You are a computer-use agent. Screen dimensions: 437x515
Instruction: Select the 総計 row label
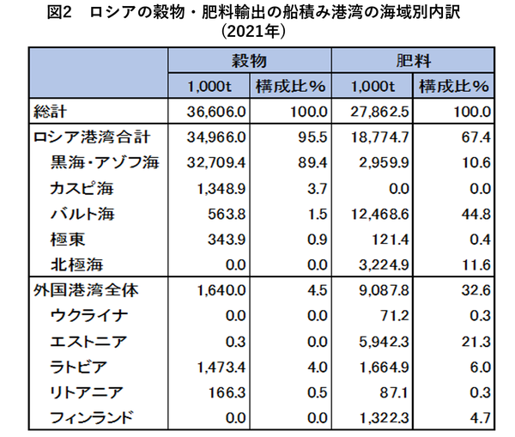point(50,112)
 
